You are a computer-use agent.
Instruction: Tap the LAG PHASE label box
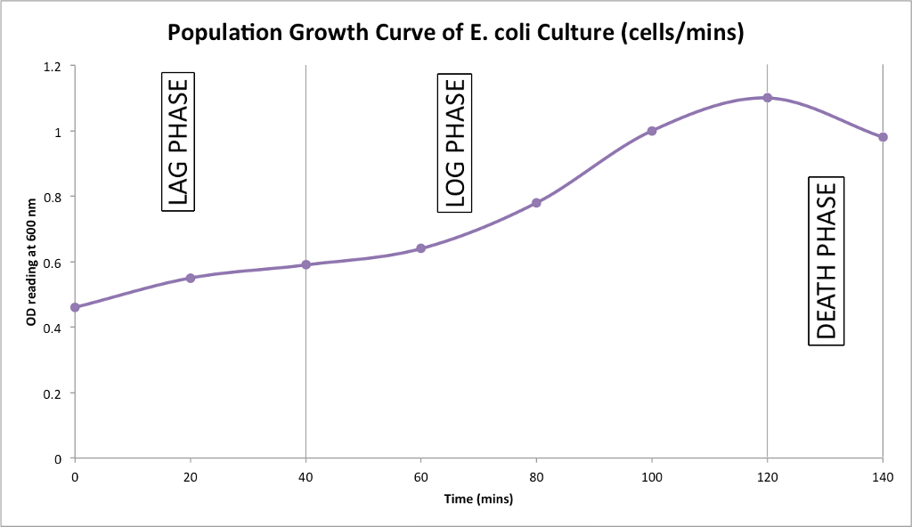pyautogui.click(x=178, y=142)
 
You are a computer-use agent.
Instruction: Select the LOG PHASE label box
pyautogui.click(x=454, y=142)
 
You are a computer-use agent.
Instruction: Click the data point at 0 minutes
pyautogui.click(x=75, y=307)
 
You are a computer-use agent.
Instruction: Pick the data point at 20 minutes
pyautogui.click(x=190, y=278)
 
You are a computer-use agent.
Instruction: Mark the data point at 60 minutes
pyautogui.click(x=421, y=248)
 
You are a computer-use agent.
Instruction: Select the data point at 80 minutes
pyautogui.click(x=536, y=203)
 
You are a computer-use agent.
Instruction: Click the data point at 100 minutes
pyautogui.click(x=652, y=131)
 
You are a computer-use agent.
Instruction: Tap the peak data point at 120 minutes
pyautogui.click(x=767, y=98)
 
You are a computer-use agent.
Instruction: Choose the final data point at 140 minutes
pyautogui.click(x=883, y=137)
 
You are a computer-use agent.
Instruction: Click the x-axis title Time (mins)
pyautogui.click(x=478, y=499)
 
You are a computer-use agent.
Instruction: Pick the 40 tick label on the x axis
pyautogui.click(x=305, y=476)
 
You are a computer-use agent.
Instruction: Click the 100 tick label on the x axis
pyautogui.click(x=652, y=476)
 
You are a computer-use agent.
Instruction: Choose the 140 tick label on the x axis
pyautogui.click(x=882, y=476)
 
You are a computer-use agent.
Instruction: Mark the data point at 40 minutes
pyautogui.click(x=305, y=264)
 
